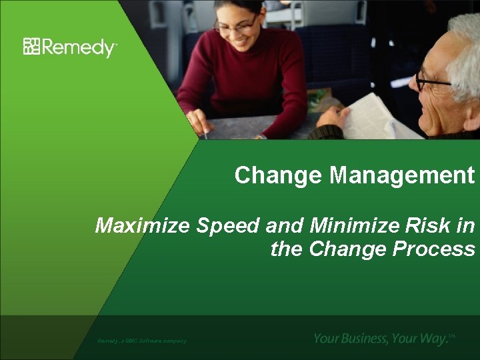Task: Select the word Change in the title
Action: tap(279, 176)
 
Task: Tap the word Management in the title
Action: tap(402, 177)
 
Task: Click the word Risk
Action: tap(427, 226)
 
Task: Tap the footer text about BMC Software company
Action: tap(142, 341)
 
